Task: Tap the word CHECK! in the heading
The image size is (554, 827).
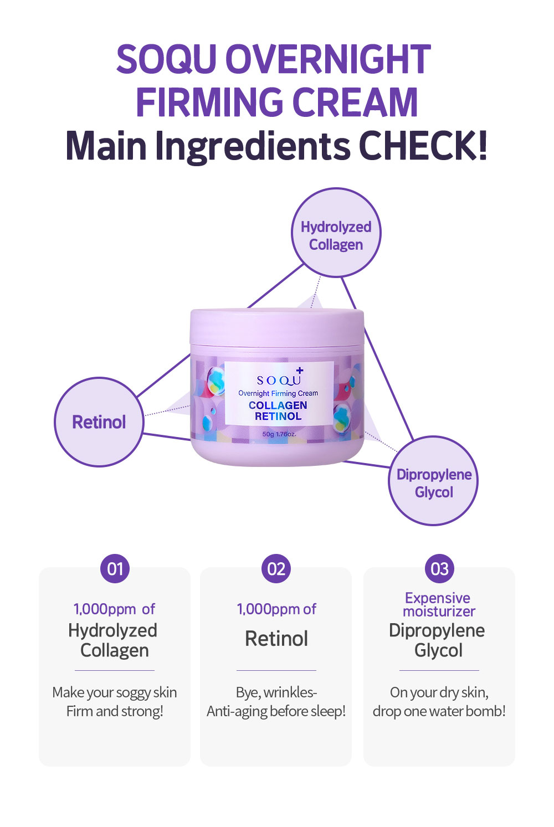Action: (x=423, y=146)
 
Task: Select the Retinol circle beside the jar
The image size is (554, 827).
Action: (x=99, y=422)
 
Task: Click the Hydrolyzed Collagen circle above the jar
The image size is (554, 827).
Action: (x=336, y=233)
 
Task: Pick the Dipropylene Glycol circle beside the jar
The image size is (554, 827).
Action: (x=434, y=480)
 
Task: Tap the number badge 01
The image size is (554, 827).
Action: (x=115, y=568)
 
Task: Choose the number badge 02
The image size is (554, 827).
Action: (x=276, y=568)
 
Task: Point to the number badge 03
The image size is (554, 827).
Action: (x=439, y=568)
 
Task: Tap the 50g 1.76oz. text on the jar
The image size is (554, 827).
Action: (x=279, y=434)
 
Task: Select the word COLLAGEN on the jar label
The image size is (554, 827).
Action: (x=278, y=405)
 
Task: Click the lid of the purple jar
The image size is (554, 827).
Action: (x=277, y=327)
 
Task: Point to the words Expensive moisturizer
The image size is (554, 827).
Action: (x=438, y=604)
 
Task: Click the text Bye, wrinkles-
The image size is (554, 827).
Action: (x=276, y=692)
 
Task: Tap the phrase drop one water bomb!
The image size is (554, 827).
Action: (x=439, y=711)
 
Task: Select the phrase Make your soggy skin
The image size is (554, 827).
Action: (x=115, y=693)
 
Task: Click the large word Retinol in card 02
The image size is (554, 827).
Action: (x=276, y=639)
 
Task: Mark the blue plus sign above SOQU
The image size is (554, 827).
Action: (x=300, y=371)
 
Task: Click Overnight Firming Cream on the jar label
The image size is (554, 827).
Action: (x=278, y=393)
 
